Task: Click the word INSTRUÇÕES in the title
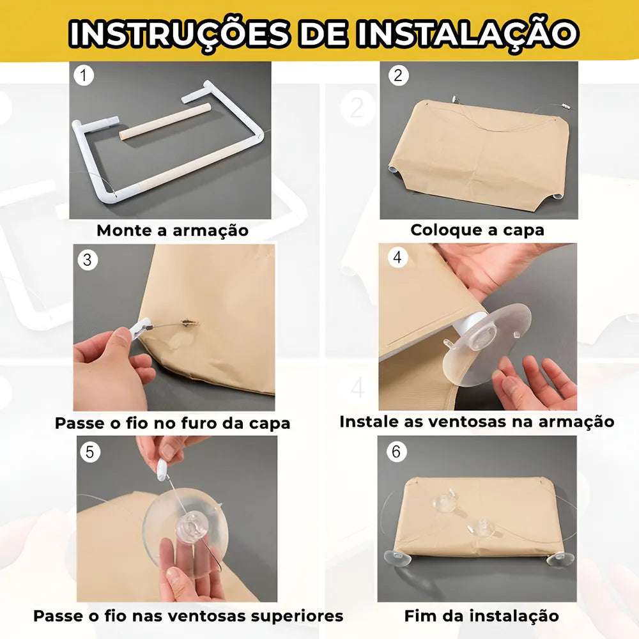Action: click(179, 33)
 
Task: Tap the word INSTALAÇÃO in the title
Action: click(468, 33)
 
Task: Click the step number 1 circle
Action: click(84, 76)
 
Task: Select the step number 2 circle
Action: click(398, 75)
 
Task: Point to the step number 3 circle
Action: click(88, 260)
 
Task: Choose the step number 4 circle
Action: click(397, 257)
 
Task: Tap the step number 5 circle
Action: click(89, 452)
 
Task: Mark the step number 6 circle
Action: click(396, 452)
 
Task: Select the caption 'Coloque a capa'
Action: click(477, 230)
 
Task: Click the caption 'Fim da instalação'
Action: click(481, 616)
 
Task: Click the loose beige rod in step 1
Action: click(165, 122)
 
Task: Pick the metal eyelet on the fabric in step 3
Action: click(190, 323)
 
